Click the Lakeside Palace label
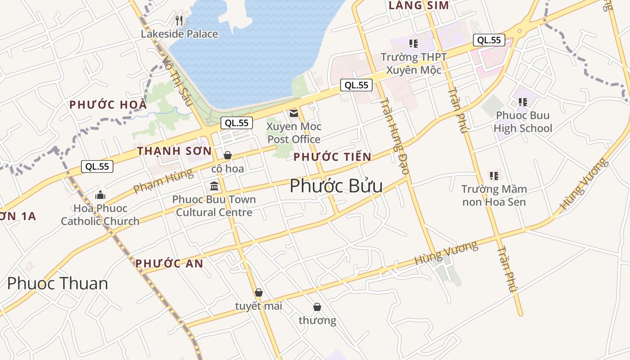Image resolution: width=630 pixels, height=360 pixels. click(x=179, y=34)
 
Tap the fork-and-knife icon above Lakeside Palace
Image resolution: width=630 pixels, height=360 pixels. click(x=179, y=20)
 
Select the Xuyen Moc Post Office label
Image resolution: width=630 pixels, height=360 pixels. click(x=294, y=133)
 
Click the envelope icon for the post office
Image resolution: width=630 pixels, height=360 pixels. click(x=294, y=113)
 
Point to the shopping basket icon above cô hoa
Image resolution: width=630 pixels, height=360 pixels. click(x=228, y=156)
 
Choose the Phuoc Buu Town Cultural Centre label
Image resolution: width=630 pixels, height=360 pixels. click(x=214, y=206)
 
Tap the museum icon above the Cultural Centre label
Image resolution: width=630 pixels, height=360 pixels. click(x=214, y=186)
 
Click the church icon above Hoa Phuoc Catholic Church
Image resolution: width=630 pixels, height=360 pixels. click(x=100, y=195)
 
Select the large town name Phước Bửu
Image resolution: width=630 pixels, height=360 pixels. click(x=336, y=186)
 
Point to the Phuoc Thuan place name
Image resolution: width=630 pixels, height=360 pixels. click(x=58, y=283)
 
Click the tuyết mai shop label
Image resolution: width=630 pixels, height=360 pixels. click(x=259, y=306)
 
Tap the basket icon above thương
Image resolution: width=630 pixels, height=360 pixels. click(x=317, y=307)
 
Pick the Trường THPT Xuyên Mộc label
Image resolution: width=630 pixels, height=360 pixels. click(x=414, y=63)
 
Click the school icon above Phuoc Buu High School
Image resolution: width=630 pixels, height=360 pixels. click(x=522, y=103)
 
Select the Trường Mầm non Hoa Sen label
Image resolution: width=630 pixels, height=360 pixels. click(x=494, y=195)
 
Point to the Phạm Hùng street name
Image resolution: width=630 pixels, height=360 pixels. click(x=163, y=180)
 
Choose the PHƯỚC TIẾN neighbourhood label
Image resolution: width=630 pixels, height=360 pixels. click(x=333, y=157)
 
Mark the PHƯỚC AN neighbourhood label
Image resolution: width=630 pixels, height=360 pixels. click(x=170, y=264)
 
